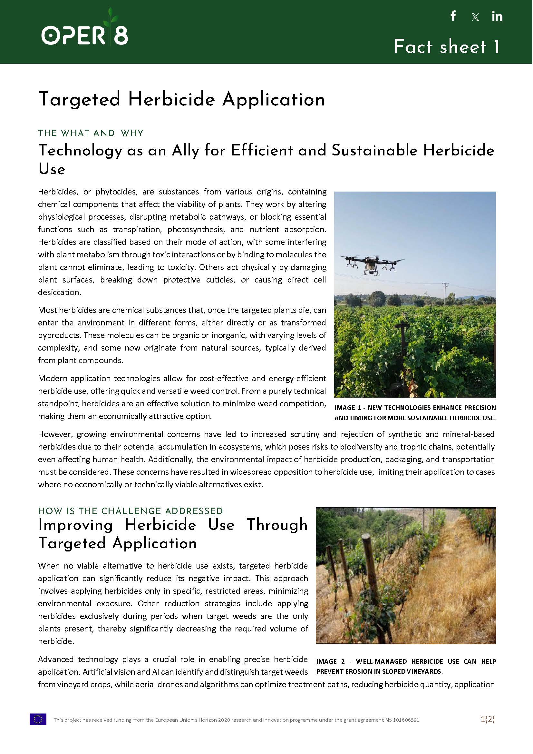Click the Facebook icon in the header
pyautogui.click(x=453, y=16)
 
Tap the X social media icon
pyautogui.click(x=475, y=17)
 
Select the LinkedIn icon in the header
pyautogui.click(x=497, y=16)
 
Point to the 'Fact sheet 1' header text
pyautogui.click(x=447, y=47)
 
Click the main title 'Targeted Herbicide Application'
pyautogui.click(x=181, y=100)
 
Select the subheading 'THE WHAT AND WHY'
pyautogui.click(x=91, y=133)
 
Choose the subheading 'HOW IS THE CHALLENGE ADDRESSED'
pyautogui.click(x=131, y=511)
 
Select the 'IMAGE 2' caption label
pyautogui.click(x=331, y=661)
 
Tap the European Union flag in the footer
pyautogui.click(x=38, y=719)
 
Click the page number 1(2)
pyautogui.click(x=487, y=719)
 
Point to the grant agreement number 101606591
pyautogui.click(x=406, y=720)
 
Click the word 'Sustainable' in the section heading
pyautogui.click(x=374, y=151)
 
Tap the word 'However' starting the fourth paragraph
pyautogui.click(x=54, y=434)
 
